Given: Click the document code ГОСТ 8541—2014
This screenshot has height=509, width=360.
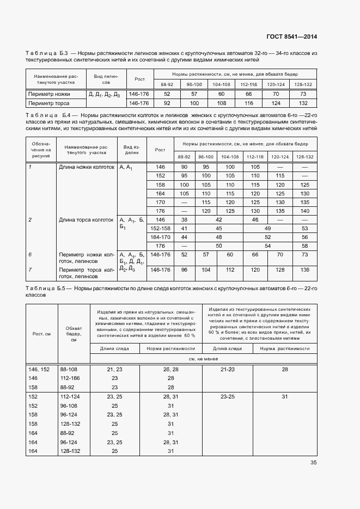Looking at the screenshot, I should click(291, 37).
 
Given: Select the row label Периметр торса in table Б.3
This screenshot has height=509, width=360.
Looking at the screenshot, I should click(48, 103).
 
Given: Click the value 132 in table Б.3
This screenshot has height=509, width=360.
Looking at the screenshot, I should click(303, 103).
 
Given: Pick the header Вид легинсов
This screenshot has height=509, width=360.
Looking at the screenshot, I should click(106, 79).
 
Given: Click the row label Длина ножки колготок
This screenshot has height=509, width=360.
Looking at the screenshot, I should click(87, 167).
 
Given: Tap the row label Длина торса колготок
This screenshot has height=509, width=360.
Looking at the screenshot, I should click(87, 219).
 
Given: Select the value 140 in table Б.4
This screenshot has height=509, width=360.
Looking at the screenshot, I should click(304, 211).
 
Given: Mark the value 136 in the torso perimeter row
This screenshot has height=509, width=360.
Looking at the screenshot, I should click(304, 269).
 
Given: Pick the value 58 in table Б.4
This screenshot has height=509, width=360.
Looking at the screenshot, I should click(304, 246).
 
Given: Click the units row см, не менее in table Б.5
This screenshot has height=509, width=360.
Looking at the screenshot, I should click(203, 359).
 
